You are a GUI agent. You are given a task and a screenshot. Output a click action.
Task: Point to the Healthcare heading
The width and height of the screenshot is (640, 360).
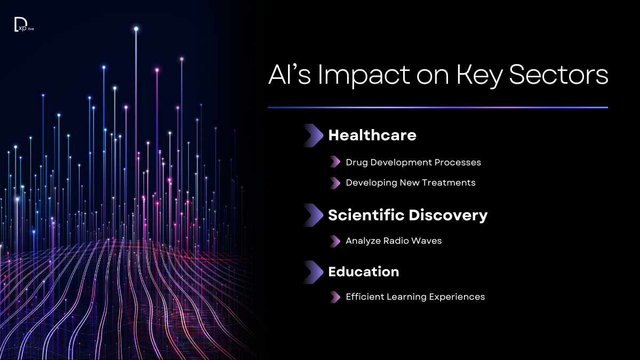[x=372, y=135]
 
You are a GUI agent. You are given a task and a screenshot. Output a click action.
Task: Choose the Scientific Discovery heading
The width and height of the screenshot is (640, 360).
[x=407, y=215]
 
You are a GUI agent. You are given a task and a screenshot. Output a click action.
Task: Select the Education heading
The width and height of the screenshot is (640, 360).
[x=363, y=272]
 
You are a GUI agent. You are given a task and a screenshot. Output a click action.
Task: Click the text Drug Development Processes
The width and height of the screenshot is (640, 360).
[x=413, y=162]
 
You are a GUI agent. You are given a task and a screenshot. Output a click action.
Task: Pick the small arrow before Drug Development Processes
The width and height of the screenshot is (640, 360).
[x=335, y=162]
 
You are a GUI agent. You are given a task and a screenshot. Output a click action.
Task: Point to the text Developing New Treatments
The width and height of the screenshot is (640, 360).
[x=410, y=183]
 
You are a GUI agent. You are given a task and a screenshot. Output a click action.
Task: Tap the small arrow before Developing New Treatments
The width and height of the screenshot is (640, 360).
[x=335, y=183]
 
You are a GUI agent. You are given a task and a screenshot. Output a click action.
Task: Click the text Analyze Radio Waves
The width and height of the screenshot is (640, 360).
[x=394, y=241]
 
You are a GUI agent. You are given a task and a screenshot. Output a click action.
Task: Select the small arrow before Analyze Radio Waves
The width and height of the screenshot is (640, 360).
[x=335, y=241]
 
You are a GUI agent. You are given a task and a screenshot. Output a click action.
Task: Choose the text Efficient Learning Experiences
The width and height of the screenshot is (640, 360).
[x=415, y=297]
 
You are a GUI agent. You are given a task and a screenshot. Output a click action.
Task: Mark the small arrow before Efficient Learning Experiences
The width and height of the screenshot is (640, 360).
[x=335, y=297]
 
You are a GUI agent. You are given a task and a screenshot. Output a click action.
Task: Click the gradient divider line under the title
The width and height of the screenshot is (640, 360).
[x=437, y=108]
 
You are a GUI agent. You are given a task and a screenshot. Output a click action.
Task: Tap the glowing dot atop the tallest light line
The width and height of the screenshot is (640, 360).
[x=136, y=28]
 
